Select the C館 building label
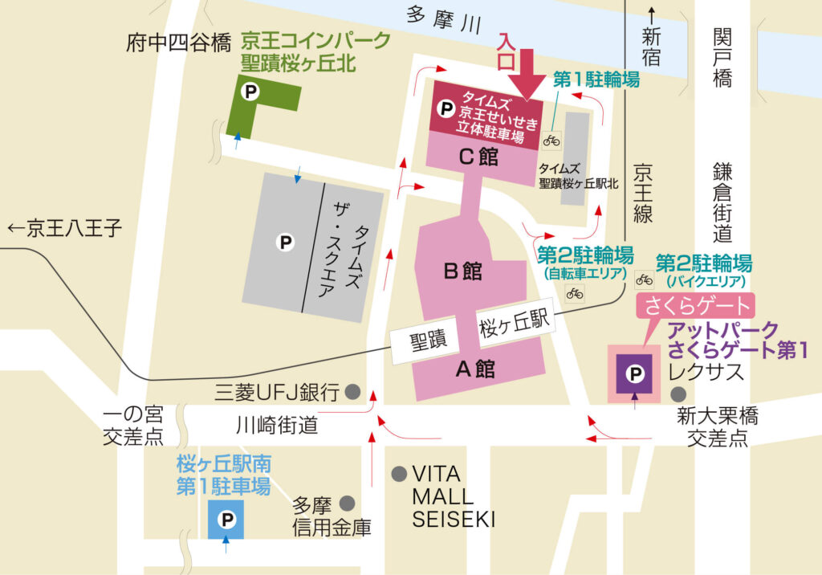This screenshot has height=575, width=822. [478, 157]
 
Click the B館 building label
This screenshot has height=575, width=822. [462, 271]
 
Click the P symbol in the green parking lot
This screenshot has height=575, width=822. [250, 93]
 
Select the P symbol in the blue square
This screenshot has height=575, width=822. [227, 520]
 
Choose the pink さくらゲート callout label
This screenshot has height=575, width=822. [696, 306]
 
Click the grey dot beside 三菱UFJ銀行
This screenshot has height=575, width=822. [352, 392]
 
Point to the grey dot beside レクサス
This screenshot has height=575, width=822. [679, 394]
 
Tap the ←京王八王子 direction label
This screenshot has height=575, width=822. [64, 229]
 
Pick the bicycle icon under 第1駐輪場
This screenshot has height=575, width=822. [551, 140]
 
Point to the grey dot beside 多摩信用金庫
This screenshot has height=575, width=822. [347, 504]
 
